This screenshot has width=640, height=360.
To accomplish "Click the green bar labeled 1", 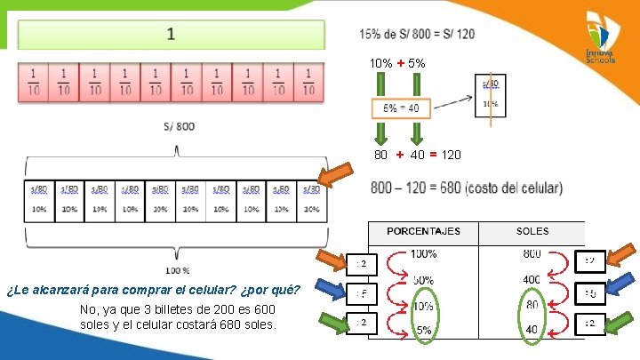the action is click(172, 35).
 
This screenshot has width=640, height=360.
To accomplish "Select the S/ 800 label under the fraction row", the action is click(180, 126).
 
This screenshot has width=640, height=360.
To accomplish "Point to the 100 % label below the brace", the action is click(177, 270).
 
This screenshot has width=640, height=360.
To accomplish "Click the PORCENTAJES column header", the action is click(423, 231).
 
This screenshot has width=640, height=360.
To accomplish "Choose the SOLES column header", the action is click(532, 231).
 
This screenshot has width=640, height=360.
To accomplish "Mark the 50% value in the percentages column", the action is click(422, 281).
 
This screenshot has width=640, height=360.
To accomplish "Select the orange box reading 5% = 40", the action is click(401, 108).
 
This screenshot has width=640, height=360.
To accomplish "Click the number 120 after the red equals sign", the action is click(451, 155).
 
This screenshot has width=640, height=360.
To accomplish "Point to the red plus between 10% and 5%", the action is click(402, 63).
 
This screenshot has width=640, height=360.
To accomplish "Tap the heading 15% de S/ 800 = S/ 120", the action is click(417, 34).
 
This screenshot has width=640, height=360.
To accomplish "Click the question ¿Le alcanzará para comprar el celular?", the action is click(152, 290).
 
